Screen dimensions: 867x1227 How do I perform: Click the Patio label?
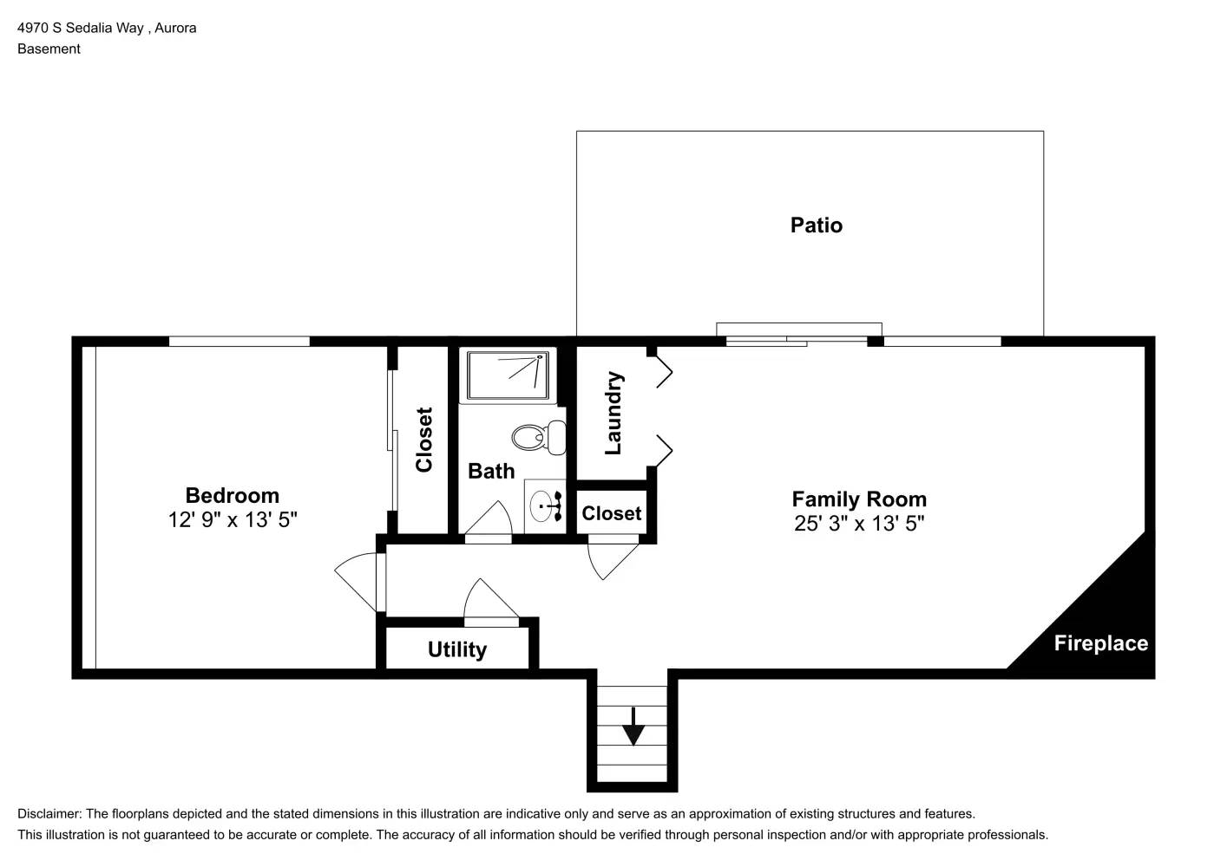[x=816, y=225]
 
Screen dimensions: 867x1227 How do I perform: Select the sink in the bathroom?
[x=546, y=505]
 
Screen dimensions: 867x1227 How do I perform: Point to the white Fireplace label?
[x=1100, y=643]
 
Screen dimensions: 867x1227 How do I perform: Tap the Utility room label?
[x=457, y=649]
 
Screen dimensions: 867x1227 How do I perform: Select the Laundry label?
[x=613, y=413]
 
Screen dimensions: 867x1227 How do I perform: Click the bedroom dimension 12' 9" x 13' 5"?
[x=233, y=519]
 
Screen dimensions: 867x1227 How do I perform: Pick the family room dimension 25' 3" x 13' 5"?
[x=859, y=523]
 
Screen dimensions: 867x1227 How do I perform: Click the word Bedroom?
[x=233, y=495]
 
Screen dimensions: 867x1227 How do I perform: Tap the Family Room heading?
[x=859, y=499]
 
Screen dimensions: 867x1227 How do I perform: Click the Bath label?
[x=491, y=471]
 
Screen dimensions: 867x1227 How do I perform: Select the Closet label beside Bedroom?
[x=423, y=440]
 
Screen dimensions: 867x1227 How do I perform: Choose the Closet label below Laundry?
[x=611, y=513]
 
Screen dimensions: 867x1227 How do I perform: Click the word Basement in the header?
[x=49, y=49]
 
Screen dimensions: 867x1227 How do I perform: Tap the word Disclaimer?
[x=49, y=813]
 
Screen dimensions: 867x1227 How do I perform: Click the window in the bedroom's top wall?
[x=239, y=342]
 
